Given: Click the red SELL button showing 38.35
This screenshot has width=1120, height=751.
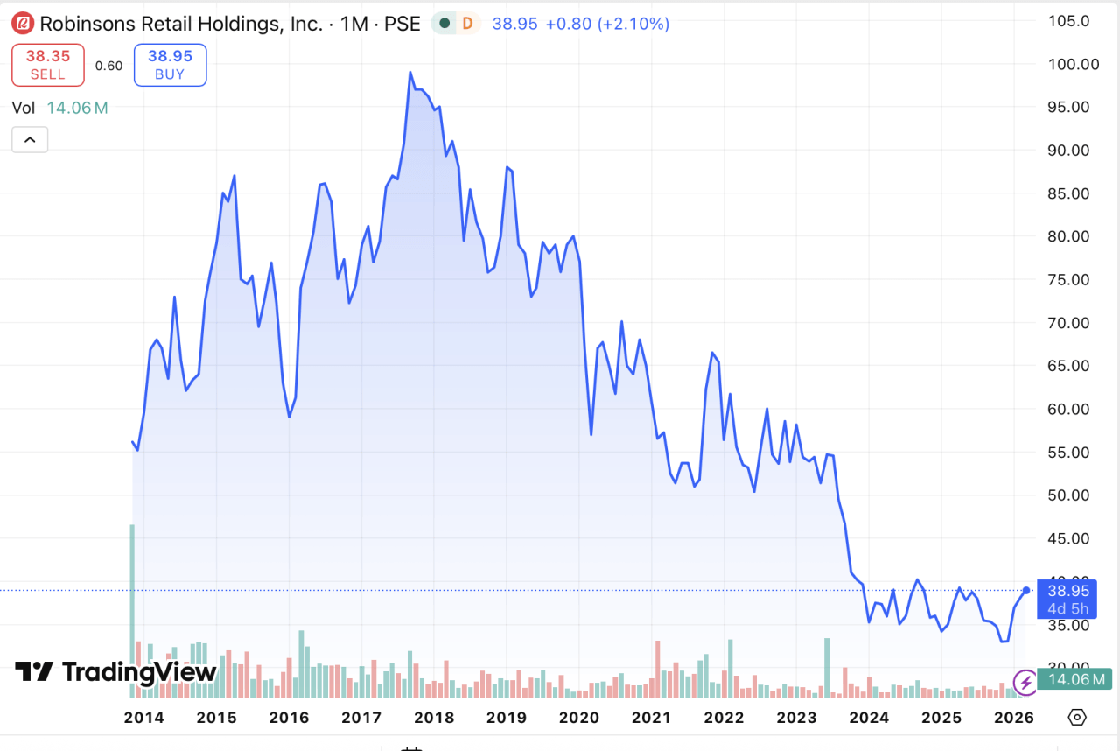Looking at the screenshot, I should (48, 65).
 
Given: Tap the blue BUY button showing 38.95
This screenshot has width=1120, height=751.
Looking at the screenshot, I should (170, 65).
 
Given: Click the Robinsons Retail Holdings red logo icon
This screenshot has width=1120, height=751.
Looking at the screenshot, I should (24, 24).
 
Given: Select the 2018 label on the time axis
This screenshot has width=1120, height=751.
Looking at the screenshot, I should (434, 718).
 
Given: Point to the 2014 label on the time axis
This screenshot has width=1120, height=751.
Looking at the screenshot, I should (143, 718).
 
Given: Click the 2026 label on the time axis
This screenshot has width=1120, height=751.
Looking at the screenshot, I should (1015, 718).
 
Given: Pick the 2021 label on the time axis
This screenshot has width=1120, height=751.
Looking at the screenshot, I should (651, 718).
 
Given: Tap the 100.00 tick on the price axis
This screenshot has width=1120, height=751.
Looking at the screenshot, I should (1075, 64).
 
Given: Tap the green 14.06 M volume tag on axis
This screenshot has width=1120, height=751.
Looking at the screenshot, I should (1074, 678).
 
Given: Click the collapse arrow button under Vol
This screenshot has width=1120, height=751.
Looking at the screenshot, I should (30, 139).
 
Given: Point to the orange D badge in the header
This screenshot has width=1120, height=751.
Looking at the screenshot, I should (467, 24).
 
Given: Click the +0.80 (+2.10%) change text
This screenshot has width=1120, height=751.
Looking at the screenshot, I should (607, 24).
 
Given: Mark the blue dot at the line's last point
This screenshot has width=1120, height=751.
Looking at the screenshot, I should (1026, 590).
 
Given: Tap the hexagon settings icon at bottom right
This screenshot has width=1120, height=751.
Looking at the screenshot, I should (1077, 718).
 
